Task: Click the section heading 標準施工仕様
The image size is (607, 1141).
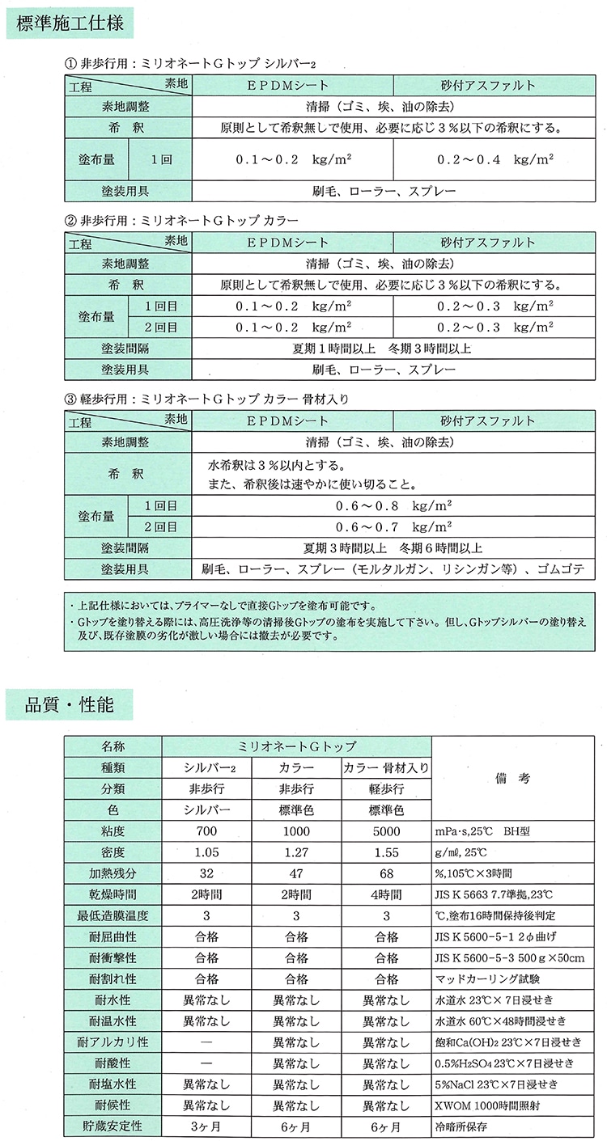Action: (70, 24)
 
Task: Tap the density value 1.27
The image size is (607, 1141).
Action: (295, 852)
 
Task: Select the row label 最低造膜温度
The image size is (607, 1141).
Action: (114, 915)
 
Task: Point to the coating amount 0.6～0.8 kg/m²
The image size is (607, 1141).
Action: (393, 505)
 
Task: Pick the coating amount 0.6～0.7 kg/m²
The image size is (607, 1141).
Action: (393, 526)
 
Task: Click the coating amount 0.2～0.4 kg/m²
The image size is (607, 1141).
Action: (495, 159)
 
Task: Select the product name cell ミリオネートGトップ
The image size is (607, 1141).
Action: (296, 746)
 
